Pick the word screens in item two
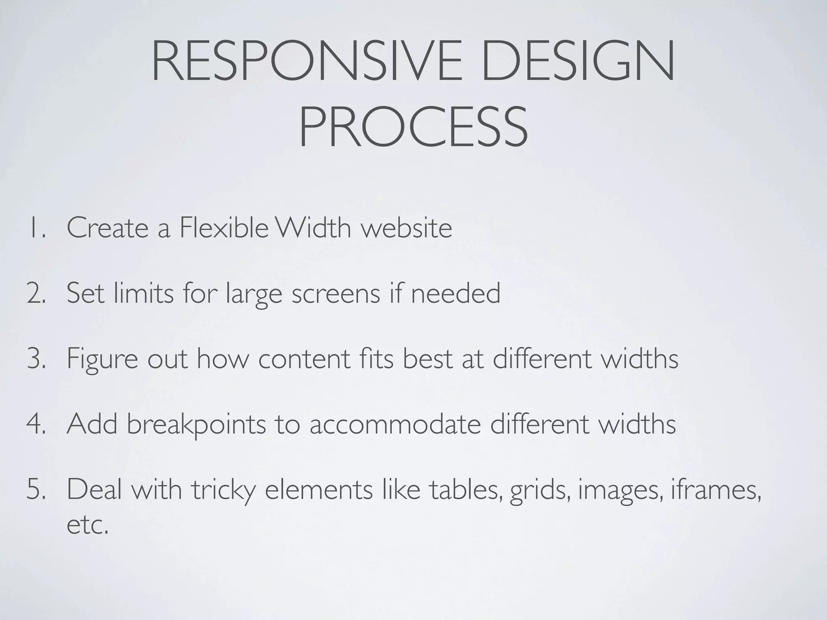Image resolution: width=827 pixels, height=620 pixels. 336,293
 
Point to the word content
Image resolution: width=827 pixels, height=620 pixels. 304,358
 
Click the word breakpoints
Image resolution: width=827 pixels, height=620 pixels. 196,425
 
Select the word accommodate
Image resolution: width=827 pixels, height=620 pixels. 395,424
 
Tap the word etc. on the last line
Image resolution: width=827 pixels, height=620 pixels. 88,525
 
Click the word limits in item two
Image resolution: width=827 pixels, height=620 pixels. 143,293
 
